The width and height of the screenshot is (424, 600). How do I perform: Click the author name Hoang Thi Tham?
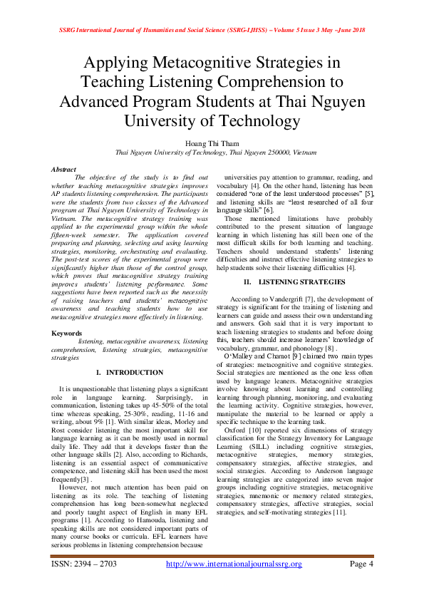coord(212,143)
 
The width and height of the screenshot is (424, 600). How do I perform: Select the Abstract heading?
coord(64,169)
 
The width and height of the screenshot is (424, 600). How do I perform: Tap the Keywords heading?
coord(66,333)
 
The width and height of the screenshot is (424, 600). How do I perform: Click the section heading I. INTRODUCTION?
coord(129,373)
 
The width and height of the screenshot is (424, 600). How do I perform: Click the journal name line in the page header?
coord(212,31)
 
